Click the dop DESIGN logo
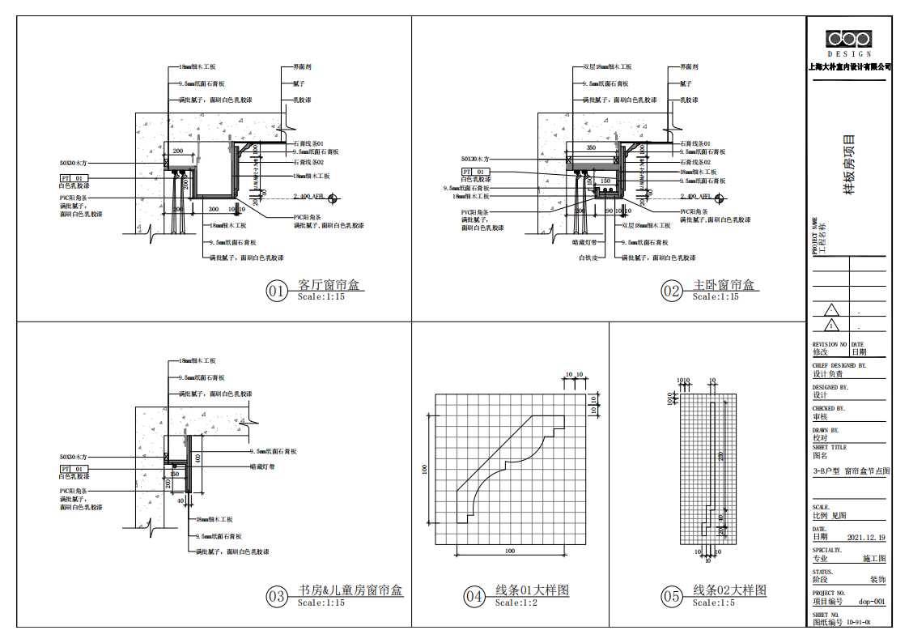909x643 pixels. pyautogui.click(x=848, y=40)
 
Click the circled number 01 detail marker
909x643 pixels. pyautogui.click(x=277, y=291)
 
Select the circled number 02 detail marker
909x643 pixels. pyautogui.click(x=671, y=291)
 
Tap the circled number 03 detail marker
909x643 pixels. pyautogui.click(x=277, y=597)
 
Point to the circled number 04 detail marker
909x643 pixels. pyautogui.click(x=474, y=597)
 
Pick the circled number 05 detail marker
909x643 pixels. pyautogui.click(x=672, y=597)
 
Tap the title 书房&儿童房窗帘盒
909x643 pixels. pyautogui.click(x=350, y=591)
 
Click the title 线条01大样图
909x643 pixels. pyautogui.click(x=532, y=591)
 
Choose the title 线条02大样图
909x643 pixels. pyautogui.click(x=729, y=591)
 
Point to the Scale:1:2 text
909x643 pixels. pyautogui.click(x=520, y=603)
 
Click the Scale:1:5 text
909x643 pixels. pyautogui.click(x=717, y=603)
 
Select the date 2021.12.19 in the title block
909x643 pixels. pyautogui.click(x=865, y=537)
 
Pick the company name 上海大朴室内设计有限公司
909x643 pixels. pyautogui.click(x=849, y=66)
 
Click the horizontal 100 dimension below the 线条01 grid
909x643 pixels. pyautogui.click(x=509, y=551)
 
